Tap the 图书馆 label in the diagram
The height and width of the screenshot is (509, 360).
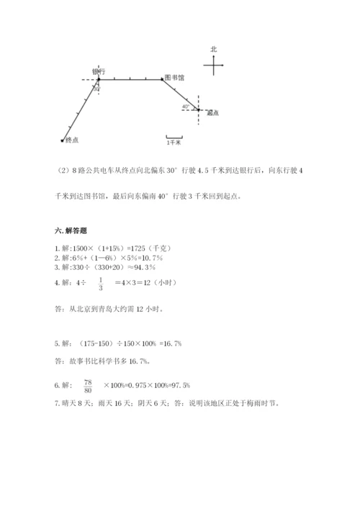174,77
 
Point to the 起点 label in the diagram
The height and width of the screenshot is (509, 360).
212,113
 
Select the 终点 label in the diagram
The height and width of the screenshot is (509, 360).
71,140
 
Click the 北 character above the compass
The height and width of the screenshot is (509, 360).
214,49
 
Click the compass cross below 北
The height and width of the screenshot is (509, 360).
215,66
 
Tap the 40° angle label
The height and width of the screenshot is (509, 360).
186,106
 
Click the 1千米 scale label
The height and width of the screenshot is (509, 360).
174,143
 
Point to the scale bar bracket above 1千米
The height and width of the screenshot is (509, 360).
174,136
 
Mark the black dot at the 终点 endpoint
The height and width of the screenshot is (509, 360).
62,140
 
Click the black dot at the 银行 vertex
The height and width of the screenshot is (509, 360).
98,80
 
